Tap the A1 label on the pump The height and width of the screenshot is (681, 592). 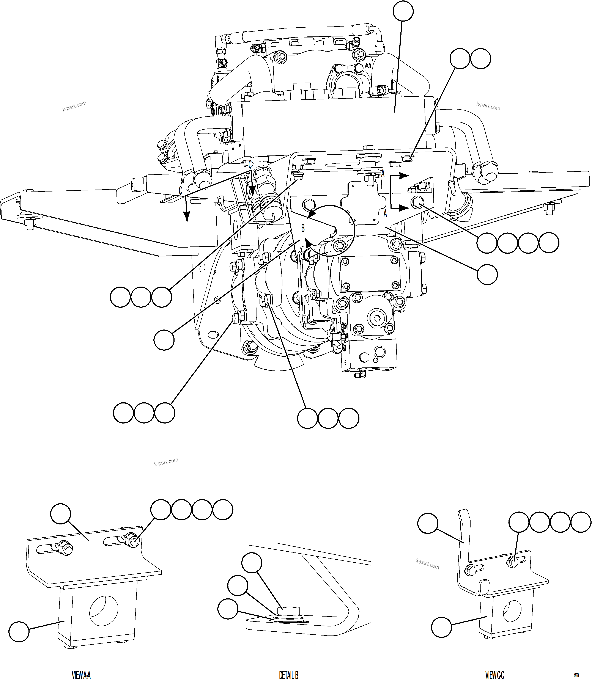368,66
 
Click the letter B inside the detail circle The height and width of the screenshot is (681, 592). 303,228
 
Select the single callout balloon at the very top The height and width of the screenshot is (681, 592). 403,11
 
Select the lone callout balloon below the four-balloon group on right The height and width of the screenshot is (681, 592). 487,274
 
